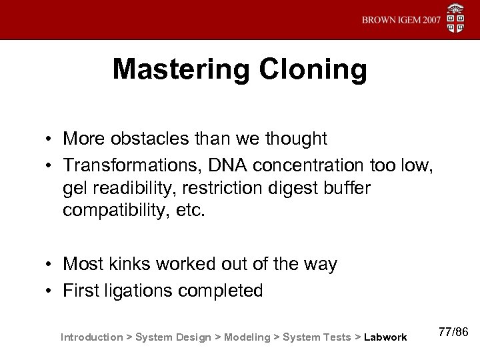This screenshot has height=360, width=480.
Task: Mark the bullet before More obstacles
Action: click(x=50, y=139)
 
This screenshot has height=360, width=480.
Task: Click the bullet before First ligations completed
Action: click(x=50, y=292)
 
